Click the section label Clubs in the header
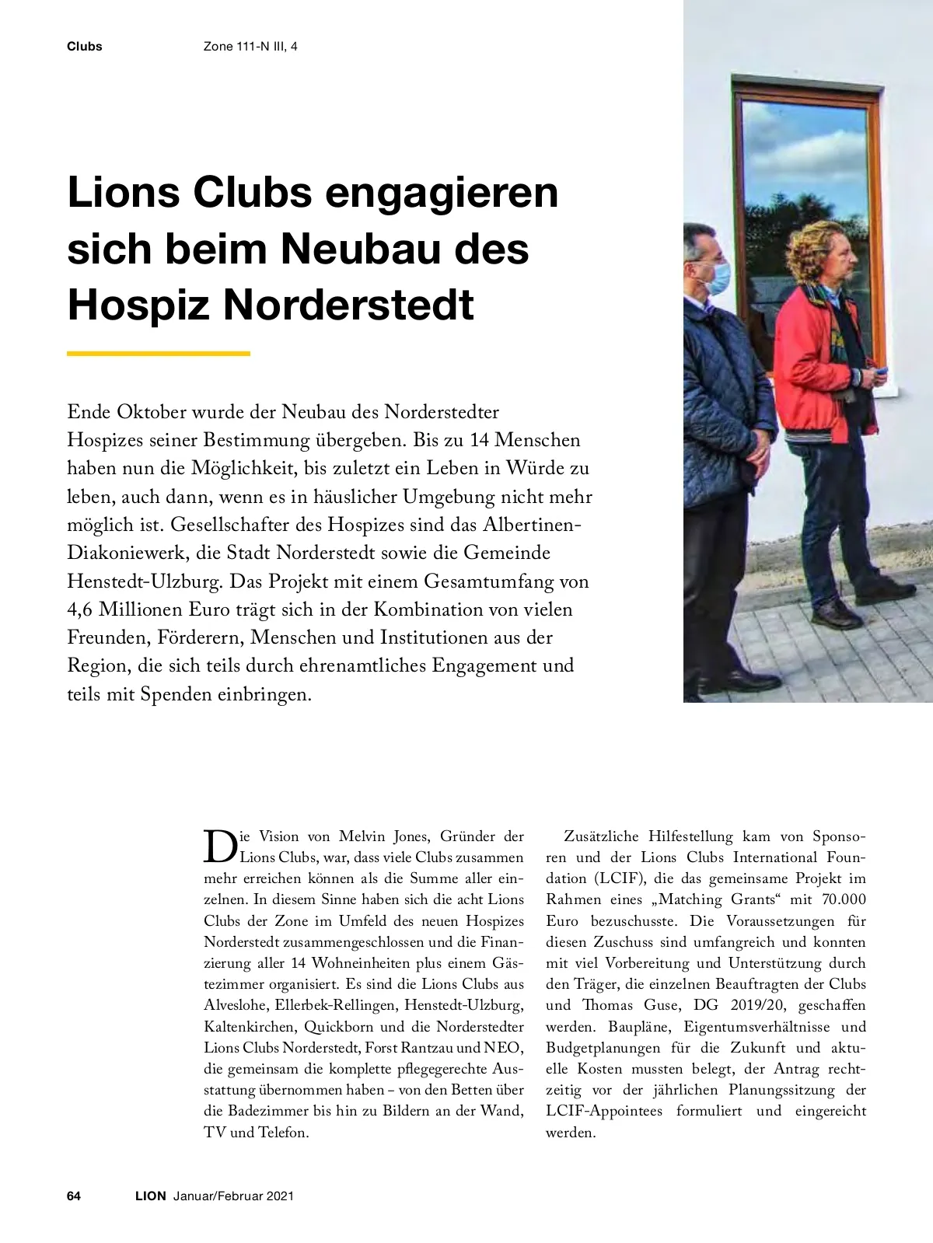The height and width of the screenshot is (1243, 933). click(x=84, y=47)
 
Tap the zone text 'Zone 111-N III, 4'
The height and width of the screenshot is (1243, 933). click(x=250, y=47)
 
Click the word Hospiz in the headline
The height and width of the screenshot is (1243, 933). click(x=140, y=306)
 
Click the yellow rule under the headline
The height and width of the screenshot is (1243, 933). click(x=159, y=354)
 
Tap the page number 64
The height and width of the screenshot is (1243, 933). click(x=75, y=1196)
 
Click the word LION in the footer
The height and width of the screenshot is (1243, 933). click(x=150, y=1196)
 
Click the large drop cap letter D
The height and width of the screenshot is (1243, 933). click(x=220, y=847)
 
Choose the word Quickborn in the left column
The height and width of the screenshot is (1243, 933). click(x=339, y=1025)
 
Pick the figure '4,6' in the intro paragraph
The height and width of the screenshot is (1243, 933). click(x=81, y=609)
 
